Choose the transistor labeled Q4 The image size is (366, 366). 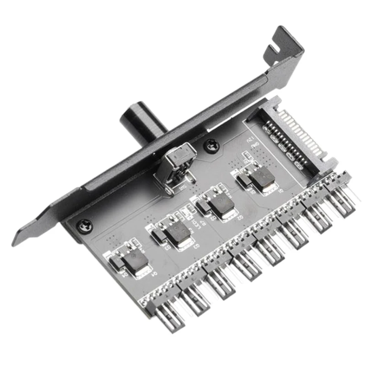[135, 262]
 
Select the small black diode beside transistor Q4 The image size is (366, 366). [116, 262]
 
